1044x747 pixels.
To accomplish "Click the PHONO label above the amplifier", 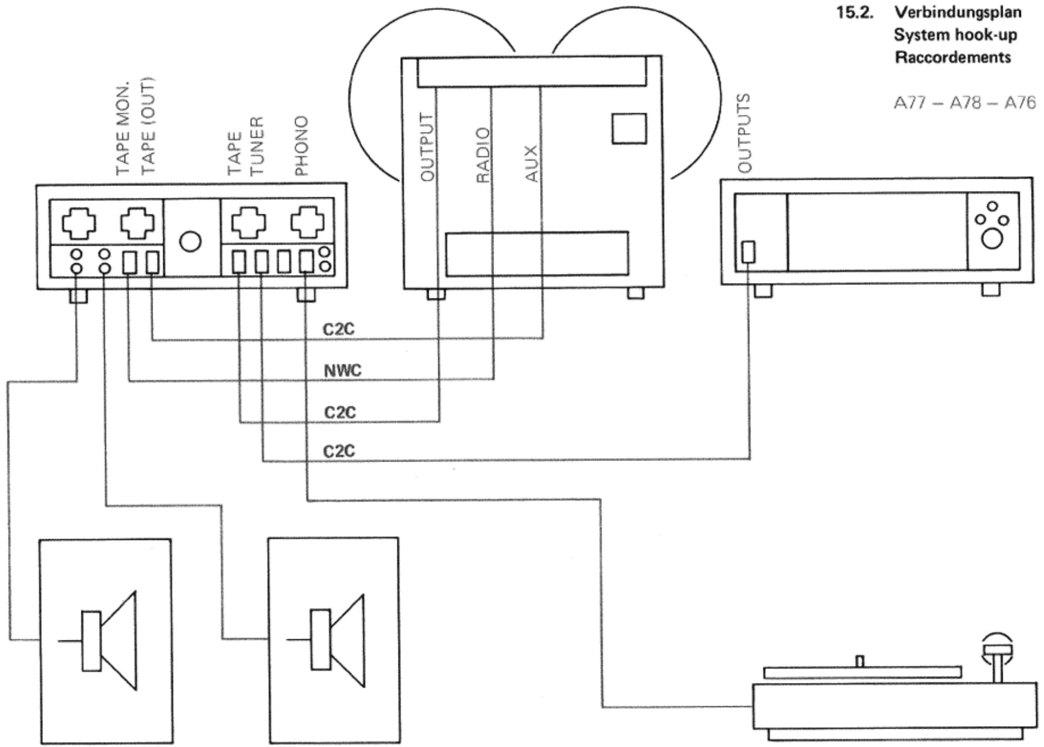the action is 301,145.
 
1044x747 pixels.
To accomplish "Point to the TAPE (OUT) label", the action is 148,126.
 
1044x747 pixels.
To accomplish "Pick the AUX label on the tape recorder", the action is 531,164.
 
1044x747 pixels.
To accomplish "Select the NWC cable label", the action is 343,370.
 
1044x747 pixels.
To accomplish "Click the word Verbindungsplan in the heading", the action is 958,12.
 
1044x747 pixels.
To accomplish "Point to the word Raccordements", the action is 953,57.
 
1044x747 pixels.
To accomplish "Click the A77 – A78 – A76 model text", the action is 964,103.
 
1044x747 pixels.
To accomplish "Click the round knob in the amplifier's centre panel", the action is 190,242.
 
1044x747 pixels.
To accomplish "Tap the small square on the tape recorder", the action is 629,128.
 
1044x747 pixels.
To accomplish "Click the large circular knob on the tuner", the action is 992,239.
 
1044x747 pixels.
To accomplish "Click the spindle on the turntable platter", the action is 860,661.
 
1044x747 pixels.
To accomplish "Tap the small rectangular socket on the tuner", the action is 748,252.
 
